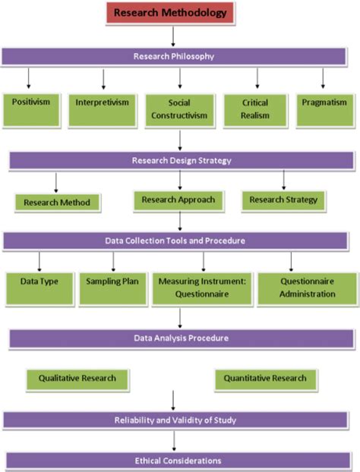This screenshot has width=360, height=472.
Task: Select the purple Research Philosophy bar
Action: click(179, 56)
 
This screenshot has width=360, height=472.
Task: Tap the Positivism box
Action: click(30, 105)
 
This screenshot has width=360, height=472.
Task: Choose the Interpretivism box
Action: click(102, 105)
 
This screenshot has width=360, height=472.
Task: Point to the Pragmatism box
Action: click(324, 105)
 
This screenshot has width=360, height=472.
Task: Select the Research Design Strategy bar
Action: click(181, 160)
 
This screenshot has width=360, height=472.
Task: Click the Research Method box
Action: click(57, 203)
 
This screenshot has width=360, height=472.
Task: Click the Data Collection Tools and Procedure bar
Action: click(179, 241)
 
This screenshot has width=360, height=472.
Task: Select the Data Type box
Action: click(39, 287)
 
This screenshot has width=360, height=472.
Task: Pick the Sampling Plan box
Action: click(112, 287)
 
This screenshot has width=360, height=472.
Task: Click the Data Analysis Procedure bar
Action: click(179, 338)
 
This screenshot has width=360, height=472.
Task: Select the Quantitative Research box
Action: click(265, 377)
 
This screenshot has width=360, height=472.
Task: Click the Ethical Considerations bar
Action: click(179, 460)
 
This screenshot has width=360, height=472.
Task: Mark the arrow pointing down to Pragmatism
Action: click(324, 78)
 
